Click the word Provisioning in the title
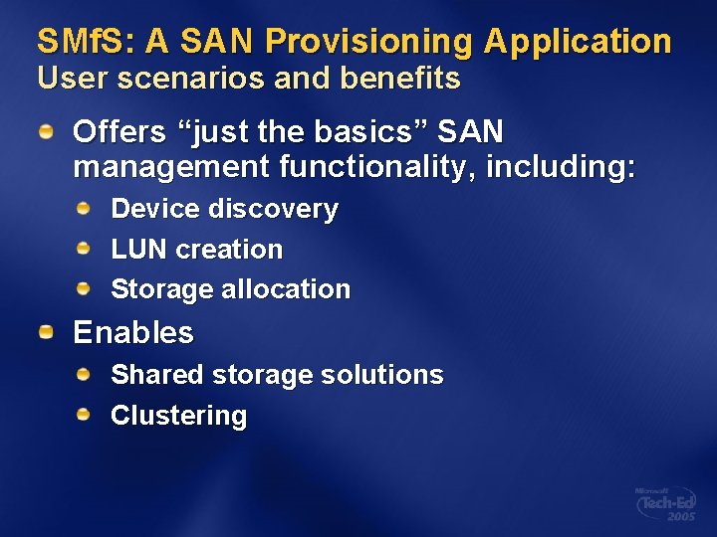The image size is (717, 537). click(x=370, y=42)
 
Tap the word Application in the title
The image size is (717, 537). click(x=578, y=42)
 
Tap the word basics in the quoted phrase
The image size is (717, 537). click(x=361, y=131)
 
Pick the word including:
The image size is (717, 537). click(x=561, y=166)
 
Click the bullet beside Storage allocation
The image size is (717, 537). click(x=87, y=289)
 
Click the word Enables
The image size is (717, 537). click(x=133, y=332)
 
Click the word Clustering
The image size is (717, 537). click(x=178, y=416)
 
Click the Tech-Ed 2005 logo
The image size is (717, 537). click(x=667, y=504)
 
